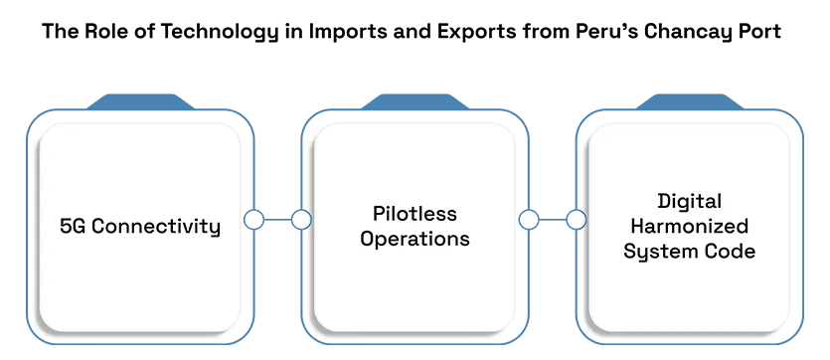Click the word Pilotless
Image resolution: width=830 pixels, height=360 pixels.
(x=415, y=214)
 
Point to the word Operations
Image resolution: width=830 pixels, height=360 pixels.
(x=415, y=240)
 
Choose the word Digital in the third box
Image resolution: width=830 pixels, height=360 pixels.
(x=689, y=202)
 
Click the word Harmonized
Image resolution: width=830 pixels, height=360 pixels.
(x=690, y=227)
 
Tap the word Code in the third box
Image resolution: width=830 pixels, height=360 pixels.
(x=731, y=252)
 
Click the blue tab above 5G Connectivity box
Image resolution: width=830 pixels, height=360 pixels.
(x=140, y=101)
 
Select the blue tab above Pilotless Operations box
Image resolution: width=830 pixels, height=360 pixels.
(x=415, y=101)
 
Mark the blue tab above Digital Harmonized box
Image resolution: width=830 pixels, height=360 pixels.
(x=690, y=101)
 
